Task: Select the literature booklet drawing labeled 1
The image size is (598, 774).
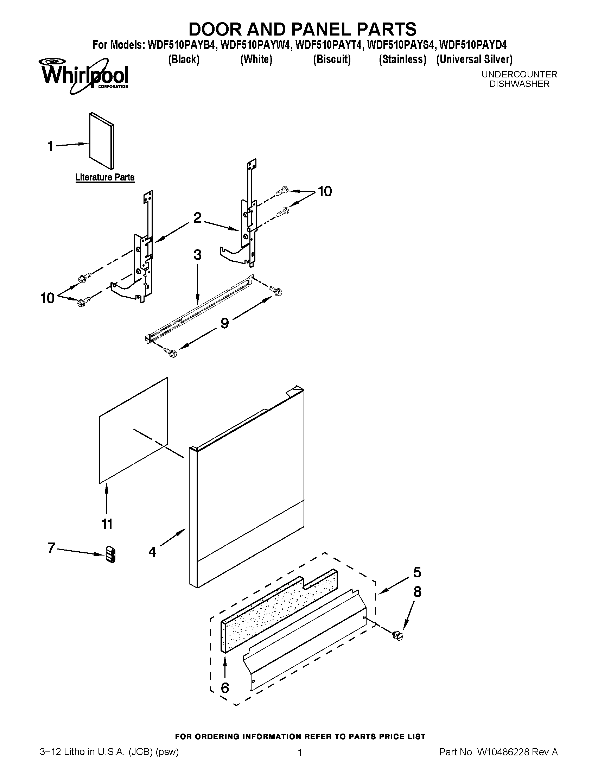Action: point(102,141)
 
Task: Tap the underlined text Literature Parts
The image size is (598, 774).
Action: point(105,177)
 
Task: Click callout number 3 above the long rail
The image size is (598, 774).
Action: point(197,255)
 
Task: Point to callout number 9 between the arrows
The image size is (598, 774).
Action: point(225,323)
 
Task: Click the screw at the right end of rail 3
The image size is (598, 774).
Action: point(276,291)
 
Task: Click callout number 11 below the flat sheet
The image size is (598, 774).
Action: point(107,524)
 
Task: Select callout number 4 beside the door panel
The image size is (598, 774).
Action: point(152,552)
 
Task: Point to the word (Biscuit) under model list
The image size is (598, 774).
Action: point(332,59)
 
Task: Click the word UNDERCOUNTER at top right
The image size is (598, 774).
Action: point(519,75)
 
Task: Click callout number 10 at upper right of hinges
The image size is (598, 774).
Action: point(325,191)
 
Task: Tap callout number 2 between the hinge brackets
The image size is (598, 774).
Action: point(197,217)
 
